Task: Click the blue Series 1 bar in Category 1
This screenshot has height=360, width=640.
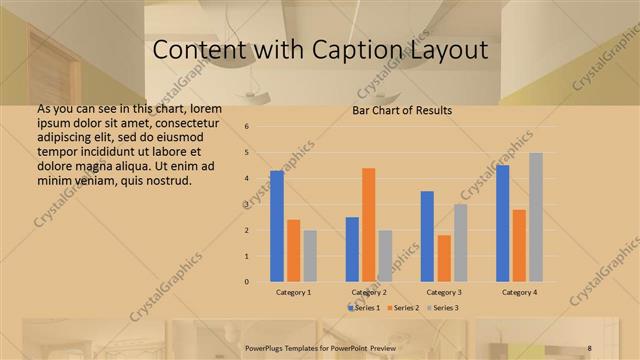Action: pyautogui.click(x=277, y=226)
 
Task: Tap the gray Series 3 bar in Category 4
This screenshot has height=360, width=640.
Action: pyautogui.click(x=536, y=217)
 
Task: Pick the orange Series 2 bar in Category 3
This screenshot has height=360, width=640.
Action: pyautogui.click(x=444, y=258)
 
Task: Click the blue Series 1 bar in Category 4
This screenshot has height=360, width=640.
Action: pyautogui.click(x=503, y=223)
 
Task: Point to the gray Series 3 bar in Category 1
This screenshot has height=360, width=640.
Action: pyautogui.click(x=310, y=256)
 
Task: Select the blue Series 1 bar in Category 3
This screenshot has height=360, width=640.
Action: pyautogui.click(x=427, y=236)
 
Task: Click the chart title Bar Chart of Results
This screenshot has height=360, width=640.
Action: pyautogui.click(x=402, y=110)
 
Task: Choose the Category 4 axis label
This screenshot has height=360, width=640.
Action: pyautogui.click(x=519, y=292)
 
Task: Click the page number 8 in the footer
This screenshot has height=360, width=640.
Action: pyautogui.click(x=590, y=348)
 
